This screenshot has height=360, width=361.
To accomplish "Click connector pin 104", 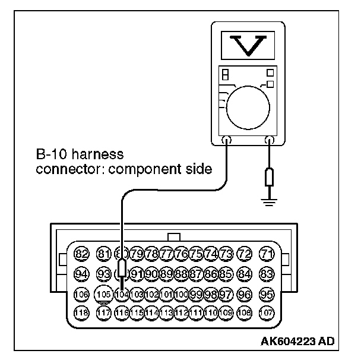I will pos(121,293).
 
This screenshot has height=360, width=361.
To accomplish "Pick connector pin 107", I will pos(267,312).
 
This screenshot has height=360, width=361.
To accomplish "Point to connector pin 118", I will pos(82,312).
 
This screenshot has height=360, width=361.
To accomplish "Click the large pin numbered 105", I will pos(104,293).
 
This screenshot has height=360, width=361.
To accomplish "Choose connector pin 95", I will pos(267,293).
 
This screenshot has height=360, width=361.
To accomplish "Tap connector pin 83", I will pos(267,274).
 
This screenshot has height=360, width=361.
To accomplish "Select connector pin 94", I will pos(82,274).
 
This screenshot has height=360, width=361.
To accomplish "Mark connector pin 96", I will pos(243,293).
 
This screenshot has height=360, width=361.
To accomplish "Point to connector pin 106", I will pos(82,293).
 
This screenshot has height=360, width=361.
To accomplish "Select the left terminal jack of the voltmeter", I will pos(227,141).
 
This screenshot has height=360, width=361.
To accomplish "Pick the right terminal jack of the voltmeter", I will pos(270,141).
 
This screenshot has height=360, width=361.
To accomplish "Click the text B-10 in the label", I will pos(49,155).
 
